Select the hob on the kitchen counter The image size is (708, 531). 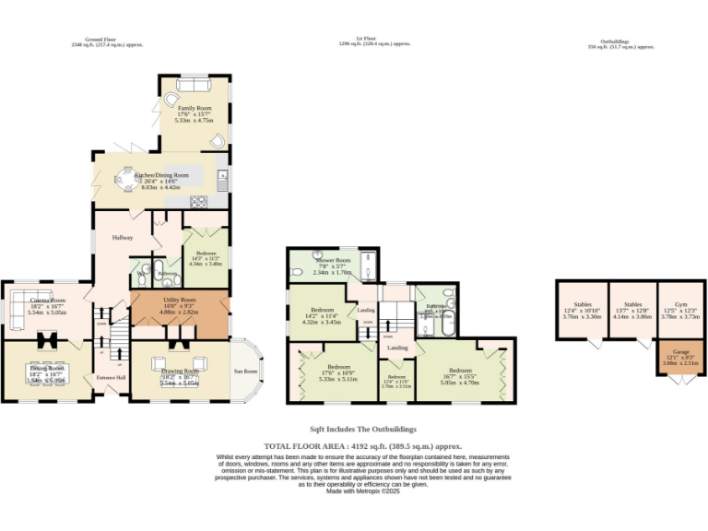(197, 201)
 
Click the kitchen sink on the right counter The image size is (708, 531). (222, 176)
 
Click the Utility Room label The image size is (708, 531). (179, 301)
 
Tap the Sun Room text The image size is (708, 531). (246, 372)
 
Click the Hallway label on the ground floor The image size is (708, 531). (123, 238)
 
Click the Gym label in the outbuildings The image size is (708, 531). (680, 304)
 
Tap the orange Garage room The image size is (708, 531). (680, 358)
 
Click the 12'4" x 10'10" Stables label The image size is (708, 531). (582, 304)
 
